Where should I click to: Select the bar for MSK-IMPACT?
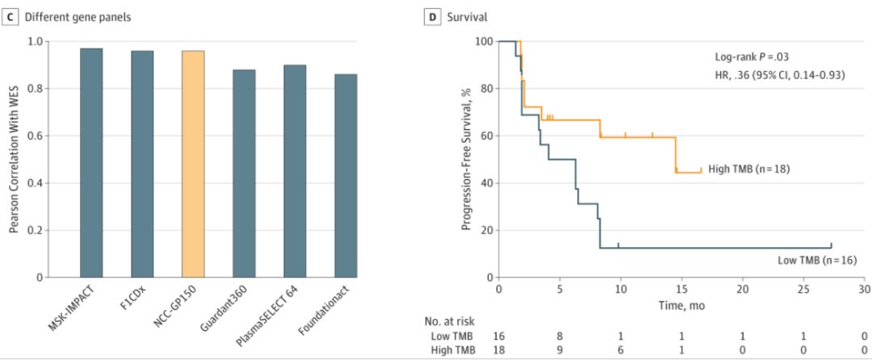(91, 162)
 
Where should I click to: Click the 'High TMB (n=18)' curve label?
(748, 169)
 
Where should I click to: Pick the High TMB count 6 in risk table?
(620, 350)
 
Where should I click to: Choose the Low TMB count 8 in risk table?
(560, 334)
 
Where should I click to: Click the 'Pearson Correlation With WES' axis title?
(15, 159)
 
